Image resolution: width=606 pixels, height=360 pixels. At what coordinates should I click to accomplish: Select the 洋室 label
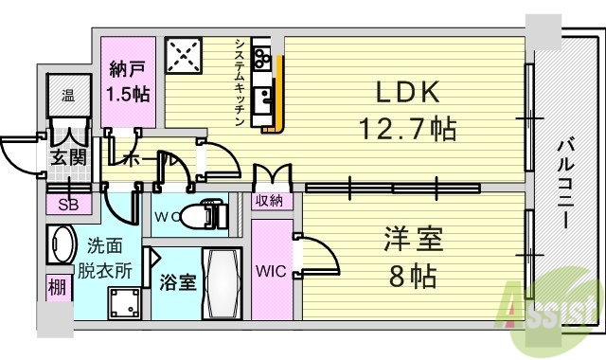(x=413, y=239)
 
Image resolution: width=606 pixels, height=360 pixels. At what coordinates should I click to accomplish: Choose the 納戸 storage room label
(x=125, y=69)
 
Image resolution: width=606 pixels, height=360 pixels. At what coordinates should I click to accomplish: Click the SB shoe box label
(x=69, y=204)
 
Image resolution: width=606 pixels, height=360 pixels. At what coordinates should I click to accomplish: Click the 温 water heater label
(x=68, y=95)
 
